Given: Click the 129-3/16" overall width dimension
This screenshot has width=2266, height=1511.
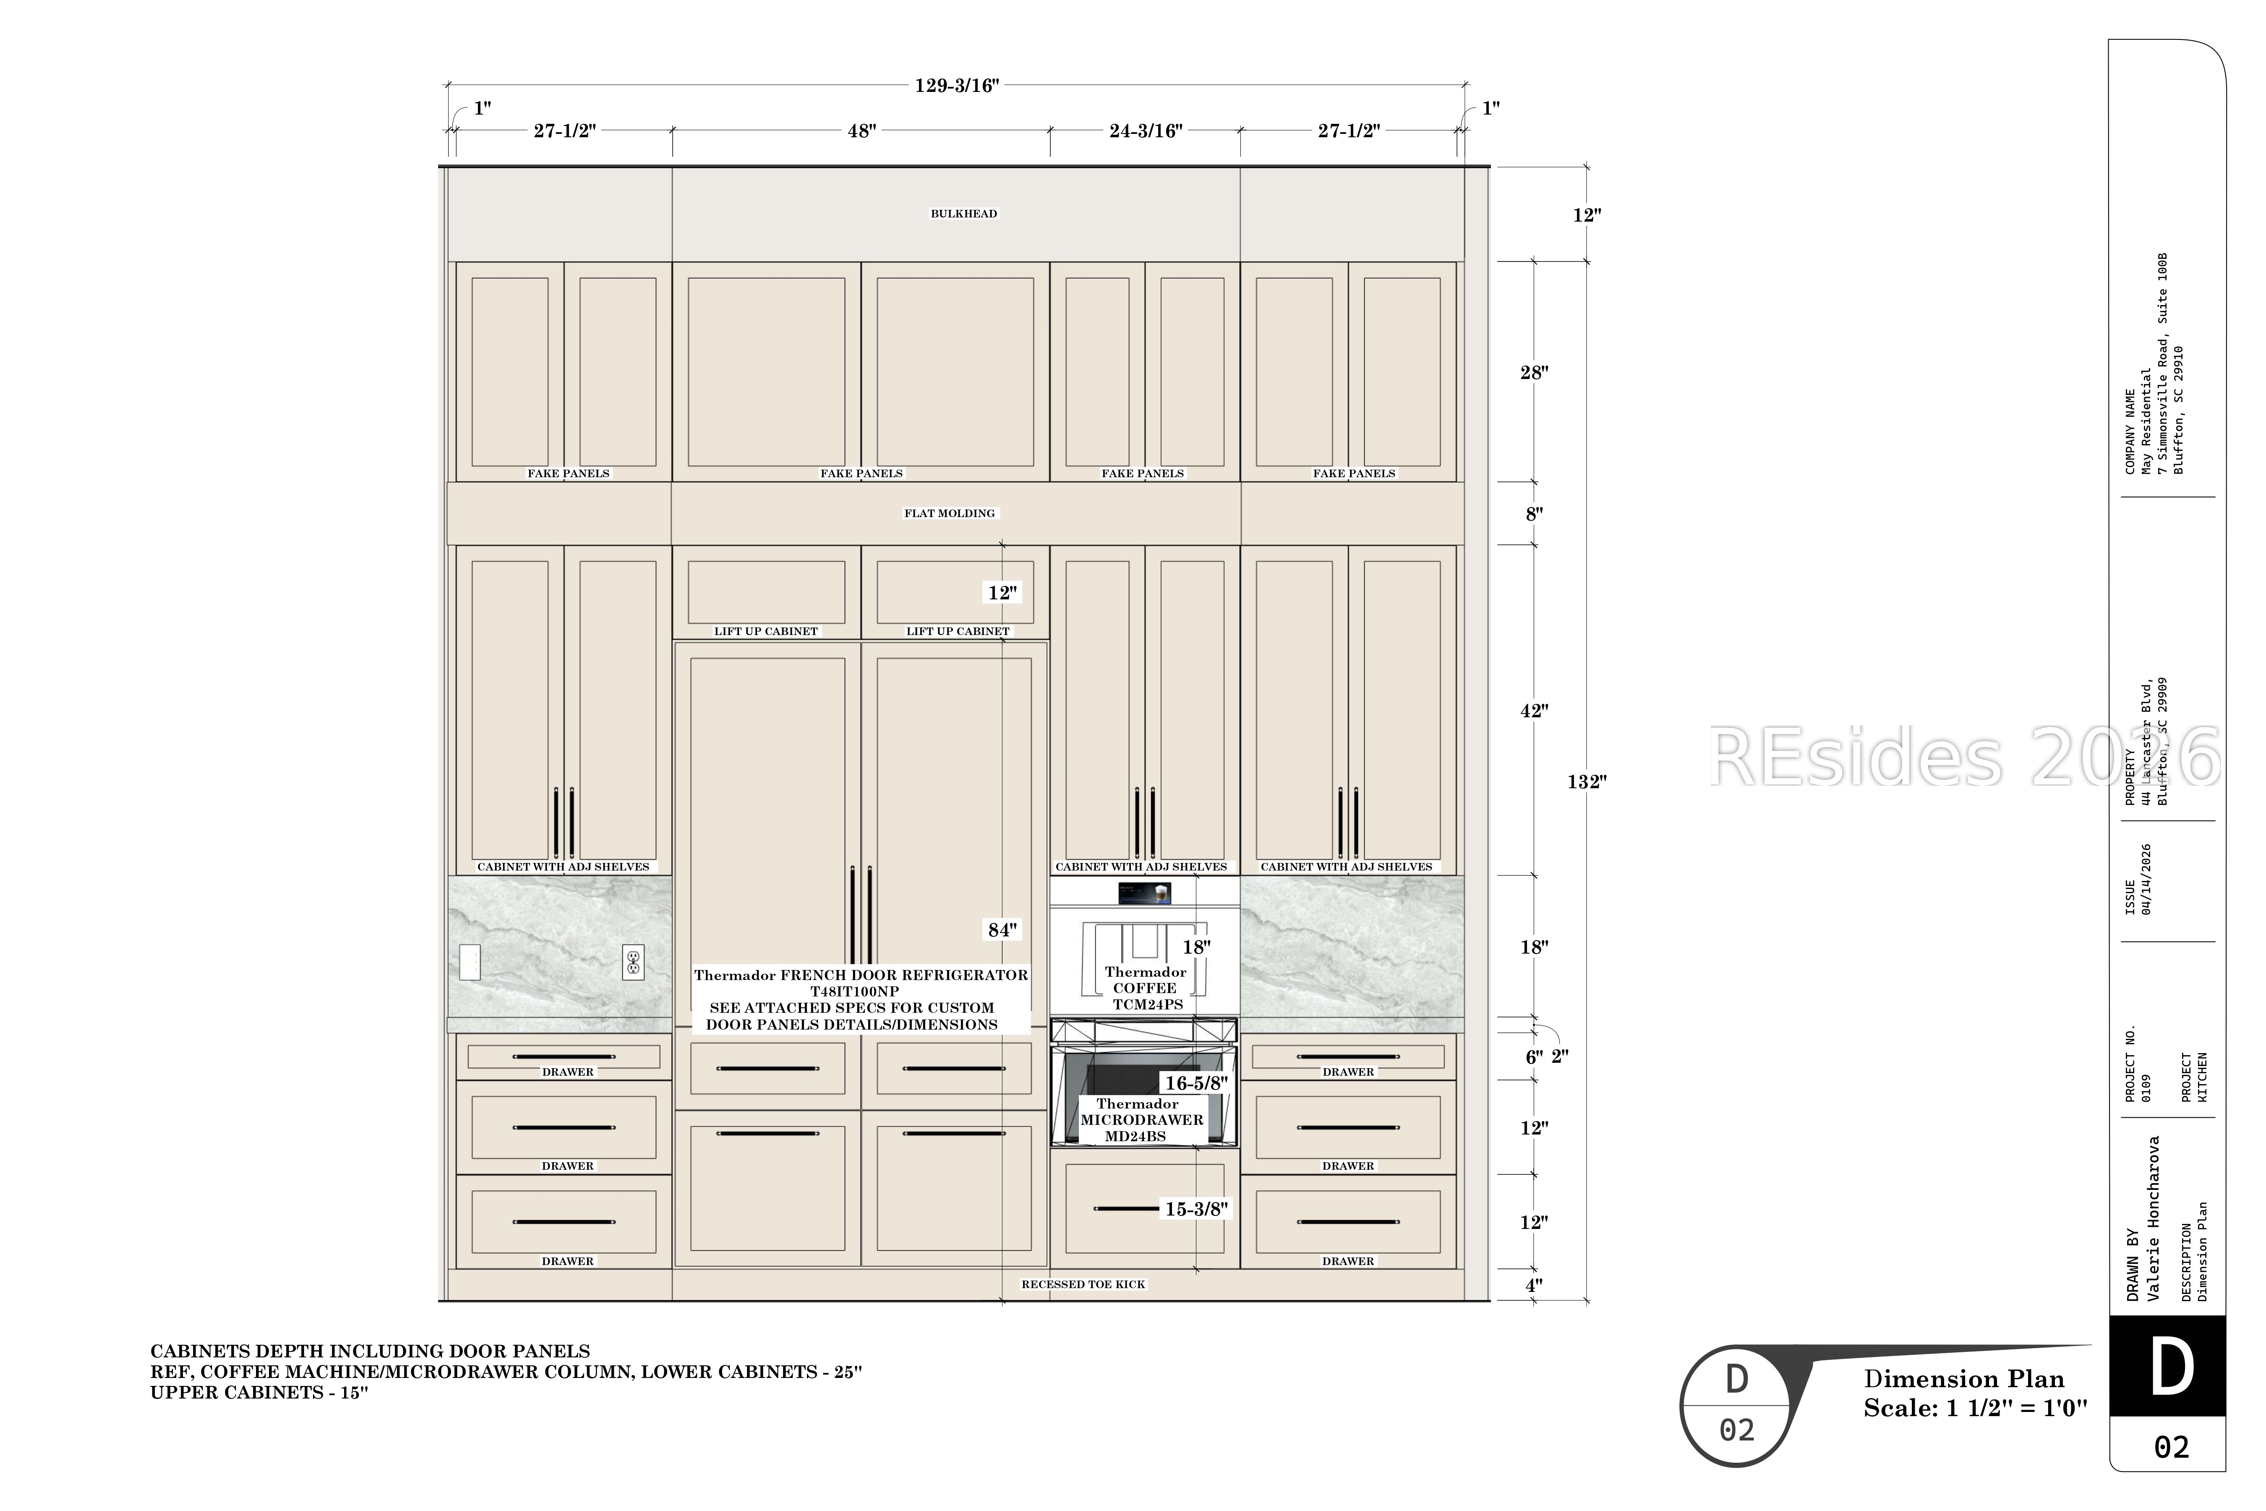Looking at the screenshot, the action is [957, 86].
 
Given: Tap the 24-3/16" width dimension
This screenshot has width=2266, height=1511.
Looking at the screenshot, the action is [1146, 130].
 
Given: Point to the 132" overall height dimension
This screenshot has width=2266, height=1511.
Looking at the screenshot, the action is [1587, 782].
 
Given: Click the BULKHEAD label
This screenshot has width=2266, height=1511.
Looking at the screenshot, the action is [963, 213].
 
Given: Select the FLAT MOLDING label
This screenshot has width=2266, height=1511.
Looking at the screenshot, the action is [949, 512].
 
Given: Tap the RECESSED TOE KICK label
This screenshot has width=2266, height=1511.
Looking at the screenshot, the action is [1083, 1284].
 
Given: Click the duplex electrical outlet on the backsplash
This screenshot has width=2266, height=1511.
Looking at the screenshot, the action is [633, 962].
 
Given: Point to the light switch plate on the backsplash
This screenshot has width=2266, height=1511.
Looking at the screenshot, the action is [469, 962].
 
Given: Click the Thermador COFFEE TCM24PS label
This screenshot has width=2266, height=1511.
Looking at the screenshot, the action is [1146, 988].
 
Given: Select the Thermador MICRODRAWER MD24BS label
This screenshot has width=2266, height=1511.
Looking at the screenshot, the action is [1141, 1120].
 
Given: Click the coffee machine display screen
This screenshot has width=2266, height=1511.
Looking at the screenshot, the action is [1145, 893].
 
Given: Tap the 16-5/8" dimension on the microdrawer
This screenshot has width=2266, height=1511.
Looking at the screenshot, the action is [1197, 1083].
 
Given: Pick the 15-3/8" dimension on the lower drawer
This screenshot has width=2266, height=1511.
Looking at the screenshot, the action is [1197, 1208].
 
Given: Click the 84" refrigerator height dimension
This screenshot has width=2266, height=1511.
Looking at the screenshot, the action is [1002, 930].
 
